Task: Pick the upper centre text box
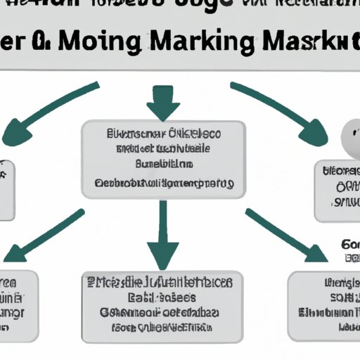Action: point(165,160)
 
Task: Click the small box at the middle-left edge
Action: point(6,189)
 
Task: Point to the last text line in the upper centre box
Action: point(164,184)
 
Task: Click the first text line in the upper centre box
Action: point(164,134)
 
